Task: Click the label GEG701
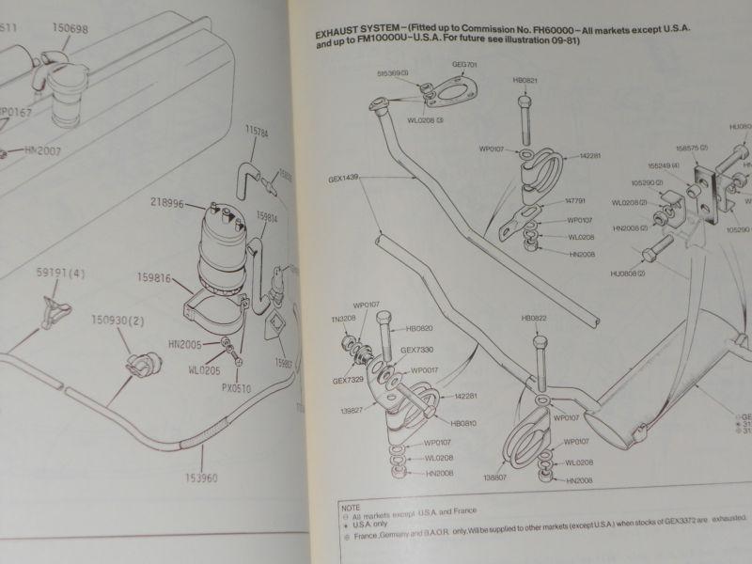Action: point(465,65)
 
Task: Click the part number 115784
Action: point(258,132)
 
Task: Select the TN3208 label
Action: point(343,319)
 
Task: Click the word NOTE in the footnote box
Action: point(351,505)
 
